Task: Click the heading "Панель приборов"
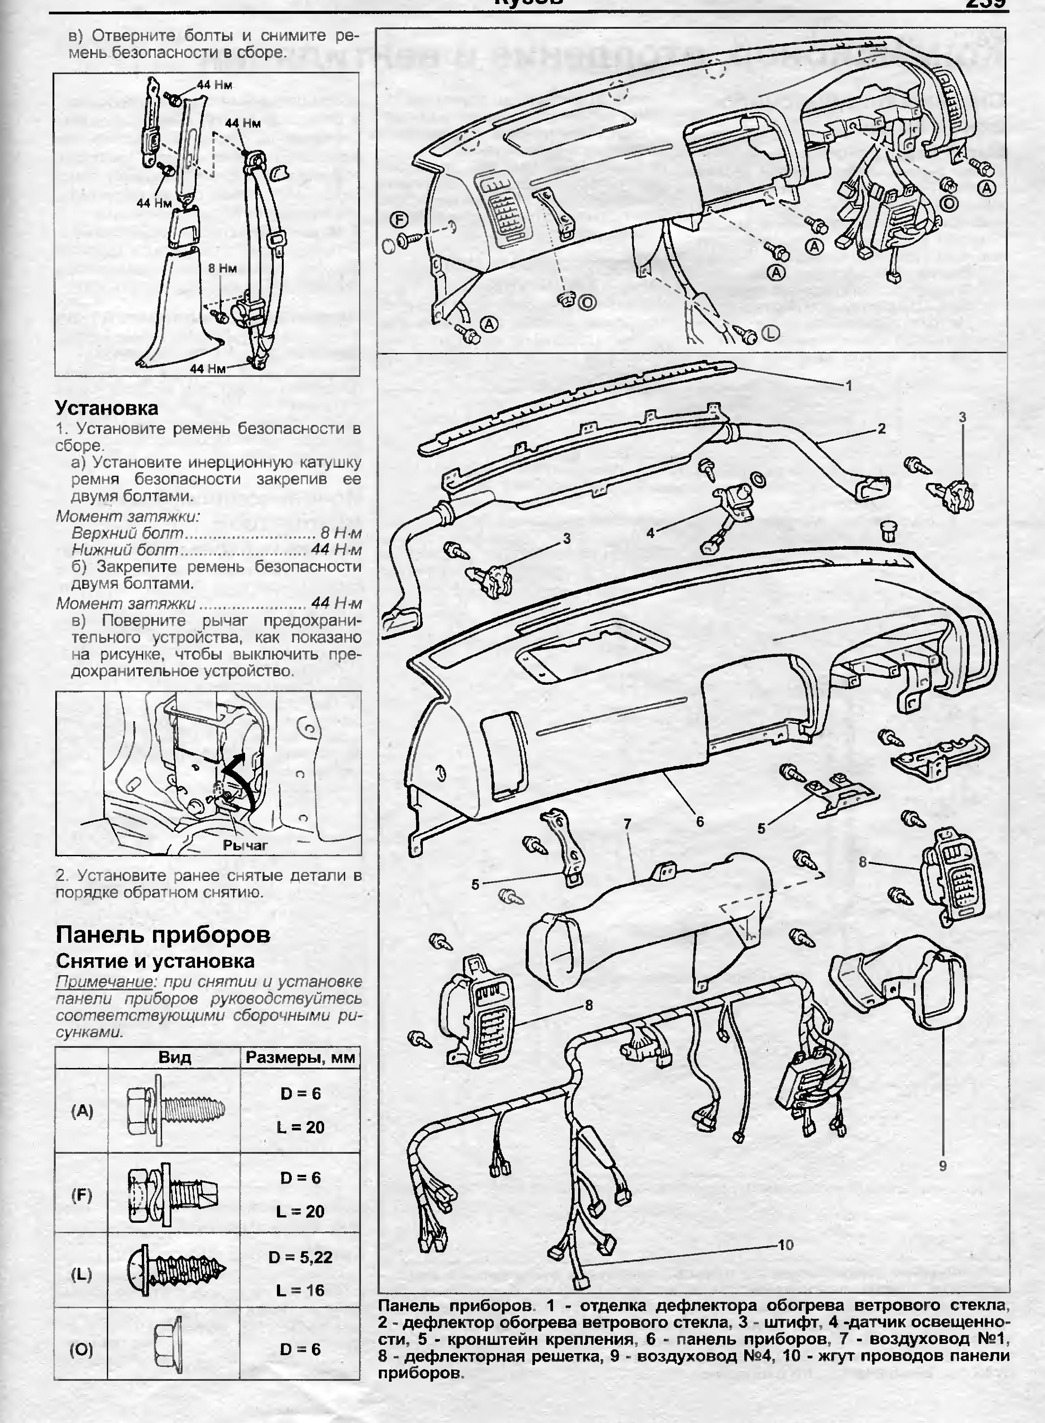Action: coord(163,934)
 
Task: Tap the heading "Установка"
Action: coord(106,408)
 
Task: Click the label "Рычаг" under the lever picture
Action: coord(246,844)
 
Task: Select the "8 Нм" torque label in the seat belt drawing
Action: coord(222,268)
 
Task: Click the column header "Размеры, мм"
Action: coord(300,1057)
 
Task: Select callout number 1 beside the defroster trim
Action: coord(849,385)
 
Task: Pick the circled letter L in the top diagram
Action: coord(770,333)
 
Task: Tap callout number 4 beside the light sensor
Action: coord(650,533)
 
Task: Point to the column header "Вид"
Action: coord(175,1057)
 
